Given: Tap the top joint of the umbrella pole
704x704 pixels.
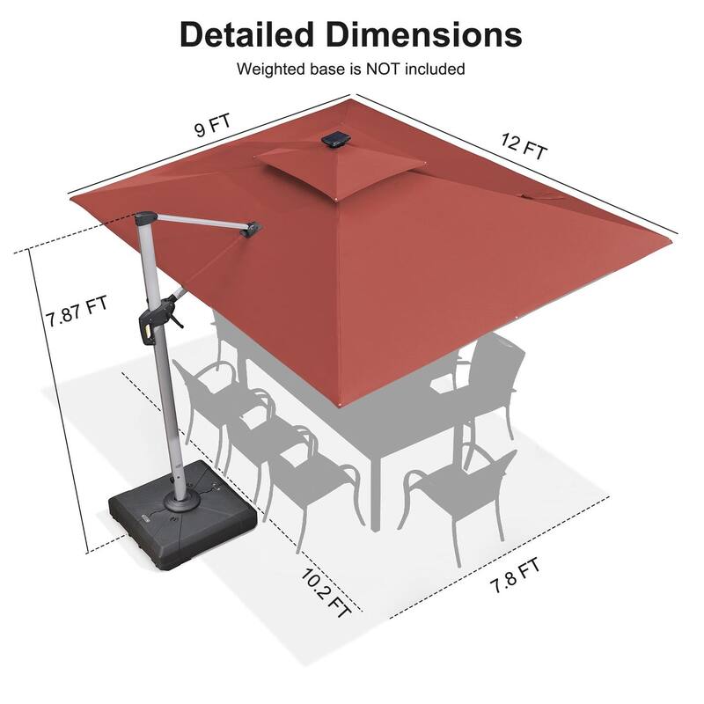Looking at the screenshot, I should pyautogui.click(x=146, y=217).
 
